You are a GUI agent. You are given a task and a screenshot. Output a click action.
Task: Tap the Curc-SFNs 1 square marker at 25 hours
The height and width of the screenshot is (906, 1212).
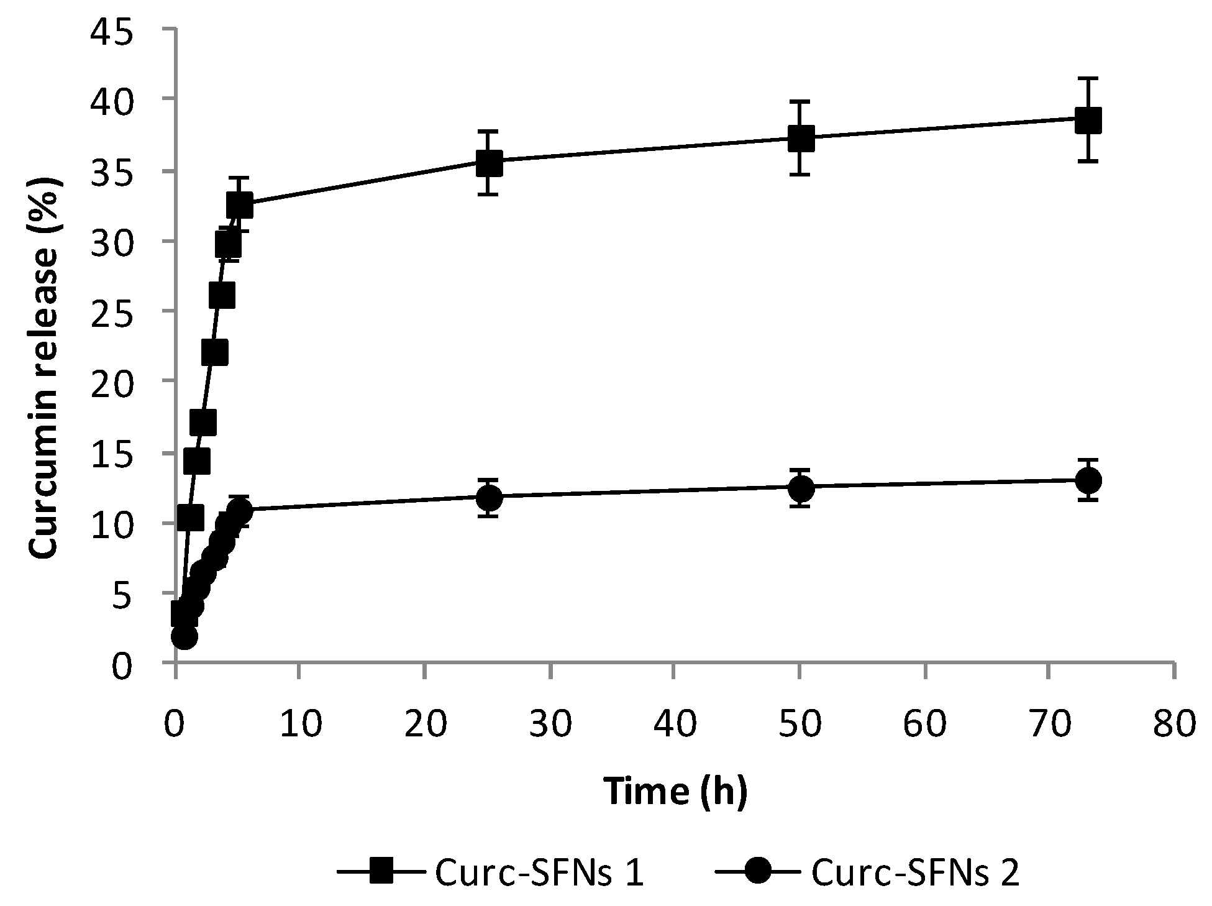point(490,163)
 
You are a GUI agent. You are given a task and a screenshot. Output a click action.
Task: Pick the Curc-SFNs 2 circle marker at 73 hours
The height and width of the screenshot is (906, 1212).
point(1088,480)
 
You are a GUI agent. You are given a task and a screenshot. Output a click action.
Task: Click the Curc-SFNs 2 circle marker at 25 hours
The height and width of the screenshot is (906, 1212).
point(490,498)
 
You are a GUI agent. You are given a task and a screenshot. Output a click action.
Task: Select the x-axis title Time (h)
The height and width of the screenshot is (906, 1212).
point(675,791)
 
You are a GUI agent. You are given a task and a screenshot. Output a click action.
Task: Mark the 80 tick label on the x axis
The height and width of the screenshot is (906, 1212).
point(1173,725)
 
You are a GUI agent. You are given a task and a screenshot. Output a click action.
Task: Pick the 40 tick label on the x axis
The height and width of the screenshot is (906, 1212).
point(675,725)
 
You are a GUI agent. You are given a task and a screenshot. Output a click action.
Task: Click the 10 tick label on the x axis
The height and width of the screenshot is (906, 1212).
point(301,725)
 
